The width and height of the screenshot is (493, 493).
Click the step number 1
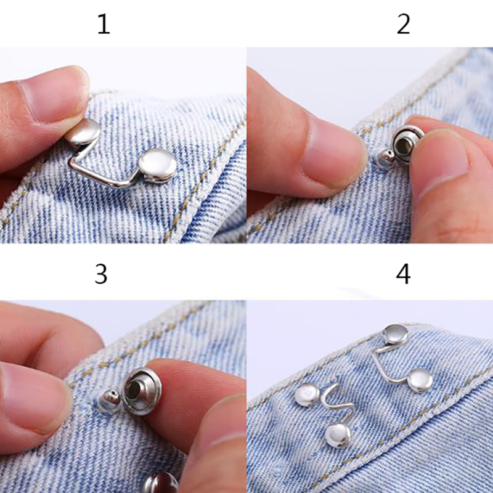(x=104, y=24)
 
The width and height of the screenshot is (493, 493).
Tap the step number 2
(x=404, y=24)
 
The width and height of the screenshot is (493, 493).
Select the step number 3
(x=101, y=274)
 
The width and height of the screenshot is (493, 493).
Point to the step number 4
(x=403, y=274)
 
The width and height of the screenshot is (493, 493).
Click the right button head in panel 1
(x=158, y=166)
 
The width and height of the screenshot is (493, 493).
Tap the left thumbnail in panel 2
(x=328, y=151)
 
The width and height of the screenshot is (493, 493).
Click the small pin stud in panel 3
(x=109, y=401)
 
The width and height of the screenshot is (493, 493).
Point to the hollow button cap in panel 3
(x=141, y=391)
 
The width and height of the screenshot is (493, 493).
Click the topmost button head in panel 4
(x=396, y=335)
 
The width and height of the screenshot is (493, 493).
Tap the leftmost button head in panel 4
(x=307, y=395)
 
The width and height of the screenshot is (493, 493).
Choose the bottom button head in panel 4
(x=338, y=435)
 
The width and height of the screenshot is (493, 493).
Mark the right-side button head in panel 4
(x=420, y=381)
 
